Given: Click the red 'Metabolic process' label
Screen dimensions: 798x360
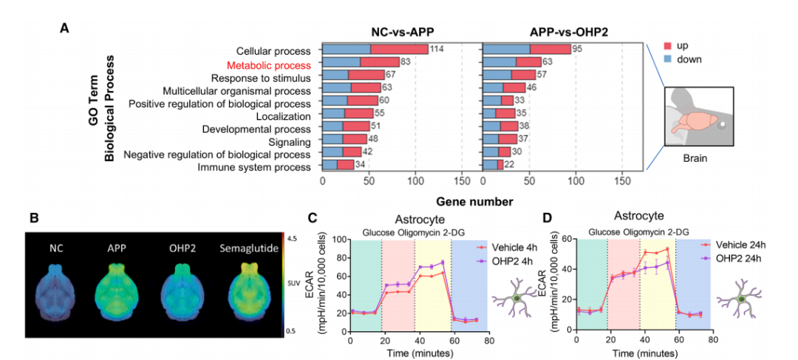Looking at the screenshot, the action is click(x=268, y=66).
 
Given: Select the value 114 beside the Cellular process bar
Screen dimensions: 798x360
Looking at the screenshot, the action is click(x=436, y=50).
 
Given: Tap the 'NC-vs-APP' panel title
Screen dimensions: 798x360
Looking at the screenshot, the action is click(x=398, y=32).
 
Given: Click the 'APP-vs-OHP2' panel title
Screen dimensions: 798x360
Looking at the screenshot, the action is click(x=562, y=32).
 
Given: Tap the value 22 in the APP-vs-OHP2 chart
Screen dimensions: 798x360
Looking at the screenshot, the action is click(x=509, y=164).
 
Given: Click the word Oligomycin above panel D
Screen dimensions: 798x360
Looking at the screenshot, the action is click(x=645, y=231).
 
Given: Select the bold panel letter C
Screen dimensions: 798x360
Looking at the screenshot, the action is click(x=315, y=217).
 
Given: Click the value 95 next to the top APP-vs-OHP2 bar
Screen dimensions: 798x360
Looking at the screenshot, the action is click(x=576, y=50).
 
